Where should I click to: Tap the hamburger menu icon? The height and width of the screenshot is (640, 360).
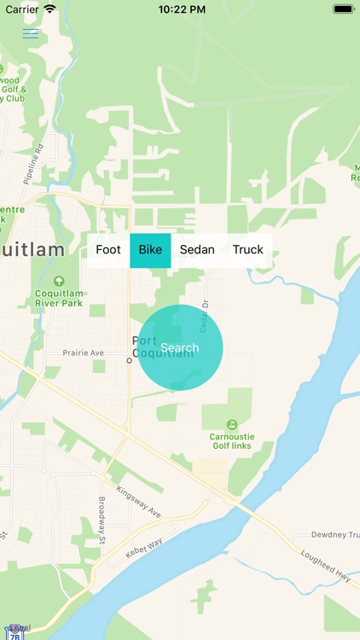point(31,34)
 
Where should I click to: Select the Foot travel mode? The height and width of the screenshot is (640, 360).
point(108,250)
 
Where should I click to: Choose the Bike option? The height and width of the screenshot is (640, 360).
point(150,250)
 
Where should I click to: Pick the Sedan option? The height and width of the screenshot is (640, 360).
point(197,250)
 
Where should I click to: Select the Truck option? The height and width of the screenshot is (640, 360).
point(248,250)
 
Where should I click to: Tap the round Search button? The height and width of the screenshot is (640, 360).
point(180,347)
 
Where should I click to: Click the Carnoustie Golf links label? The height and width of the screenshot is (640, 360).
point(232,442)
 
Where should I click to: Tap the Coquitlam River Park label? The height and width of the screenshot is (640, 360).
point(59,298)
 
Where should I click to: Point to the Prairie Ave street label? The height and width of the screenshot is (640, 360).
point(84,352)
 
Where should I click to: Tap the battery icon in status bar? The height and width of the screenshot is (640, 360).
point(344,9)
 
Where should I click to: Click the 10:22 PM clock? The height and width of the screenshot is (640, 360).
point(180,9)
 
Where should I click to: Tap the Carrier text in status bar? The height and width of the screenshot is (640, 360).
point(22,9)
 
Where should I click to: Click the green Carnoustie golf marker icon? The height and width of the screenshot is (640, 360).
point(232,424)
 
